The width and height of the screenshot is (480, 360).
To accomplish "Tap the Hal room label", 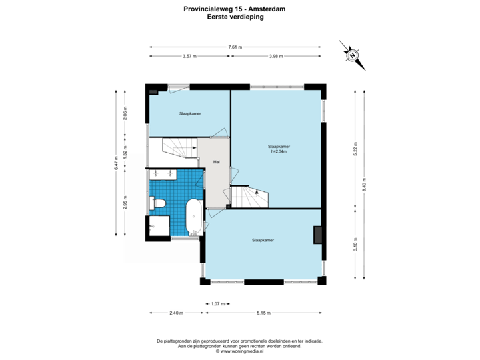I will [216, 162].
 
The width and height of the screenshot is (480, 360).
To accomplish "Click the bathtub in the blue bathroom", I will [193, 217].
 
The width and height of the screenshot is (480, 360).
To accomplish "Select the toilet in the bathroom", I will [159, 203].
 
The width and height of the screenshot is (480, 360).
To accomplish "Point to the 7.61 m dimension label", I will [235, 47].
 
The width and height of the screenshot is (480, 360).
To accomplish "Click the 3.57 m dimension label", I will [189, 57].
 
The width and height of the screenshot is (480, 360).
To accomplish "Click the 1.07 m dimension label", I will [216, 303].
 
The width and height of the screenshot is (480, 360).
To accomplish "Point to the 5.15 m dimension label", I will [264, 313].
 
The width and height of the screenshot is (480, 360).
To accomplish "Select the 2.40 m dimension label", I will [175, 313].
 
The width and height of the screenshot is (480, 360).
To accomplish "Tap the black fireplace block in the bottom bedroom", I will [319, 234].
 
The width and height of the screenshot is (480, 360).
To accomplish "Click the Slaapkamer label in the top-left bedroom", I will [190, 114].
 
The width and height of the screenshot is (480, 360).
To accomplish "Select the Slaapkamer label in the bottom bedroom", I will [263, 239].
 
